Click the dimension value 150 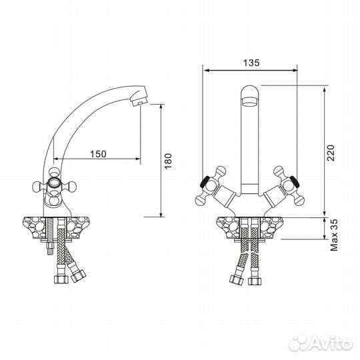[x=98, y=154]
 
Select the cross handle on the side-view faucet [x=54, y=186]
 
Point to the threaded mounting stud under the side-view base [x=49, y=249]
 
